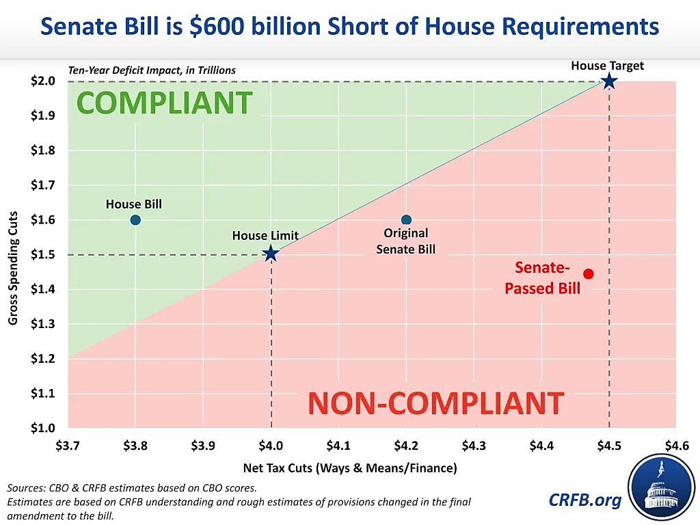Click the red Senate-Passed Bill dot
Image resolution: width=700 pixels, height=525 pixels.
588,274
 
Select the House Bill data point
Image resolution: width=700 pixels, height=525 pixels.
135,220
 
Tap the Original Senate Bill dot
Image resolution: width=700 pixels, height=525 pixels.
406,220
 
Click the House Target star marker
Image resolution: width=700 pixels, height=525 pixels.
608,82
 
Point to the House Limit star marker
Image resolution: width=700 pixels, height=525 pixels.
271,254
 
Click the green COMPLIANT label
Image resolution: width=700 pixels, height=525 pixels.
164,103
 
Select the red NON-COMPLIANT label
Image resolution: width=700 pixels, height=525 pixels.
435,403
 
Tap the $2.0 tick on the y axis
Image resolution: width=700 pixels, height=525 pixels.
42,81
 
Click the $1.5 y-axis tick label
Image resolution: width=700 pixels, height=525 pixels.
42,255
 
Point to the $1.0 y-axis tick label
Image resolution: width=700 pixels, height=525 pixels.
42,429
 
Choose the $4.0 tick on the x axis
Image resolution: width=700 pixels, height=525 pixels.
271,446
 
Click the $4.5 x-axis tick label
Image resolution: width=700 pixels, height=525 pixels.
608,446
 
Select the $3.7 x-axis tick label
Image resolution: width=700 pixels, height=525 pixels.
68,446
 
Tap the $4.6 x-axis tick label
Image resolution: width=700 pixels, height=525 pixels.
675,446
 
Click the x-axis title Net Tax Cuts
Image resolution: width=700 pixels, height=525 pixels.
349,468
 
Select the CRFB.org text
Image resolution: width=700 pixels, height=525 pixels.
585,500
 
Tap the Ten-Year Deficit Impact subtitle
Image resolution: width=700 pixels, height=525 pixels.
152,70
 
